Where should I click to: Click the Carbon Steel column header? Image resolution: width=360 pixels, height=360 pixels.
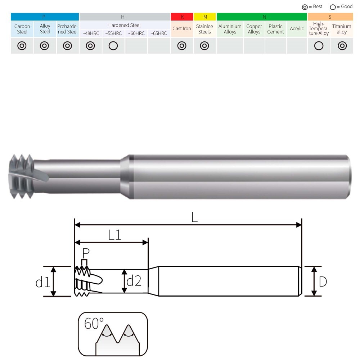(22, 29)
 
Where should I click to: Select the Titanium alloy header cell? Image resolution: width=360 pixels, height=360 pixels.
(342, 29)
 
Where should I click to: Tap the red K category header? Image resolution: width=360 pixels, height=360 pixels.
(182, 17)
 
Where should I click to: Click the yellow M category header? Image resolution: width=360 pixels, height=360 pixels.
(205, 17)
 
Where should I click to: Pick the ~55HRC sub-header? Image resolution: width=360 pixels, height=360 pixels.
(113, 33)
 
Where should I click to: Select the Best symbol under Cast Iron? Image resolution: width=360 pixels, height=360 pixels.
(182, 46)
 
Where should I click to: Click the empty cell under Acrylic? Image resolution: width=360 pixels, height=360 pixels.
(297, 46)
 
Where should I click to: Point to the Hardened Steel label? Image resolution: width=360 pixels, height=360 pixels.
(124, 25)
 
